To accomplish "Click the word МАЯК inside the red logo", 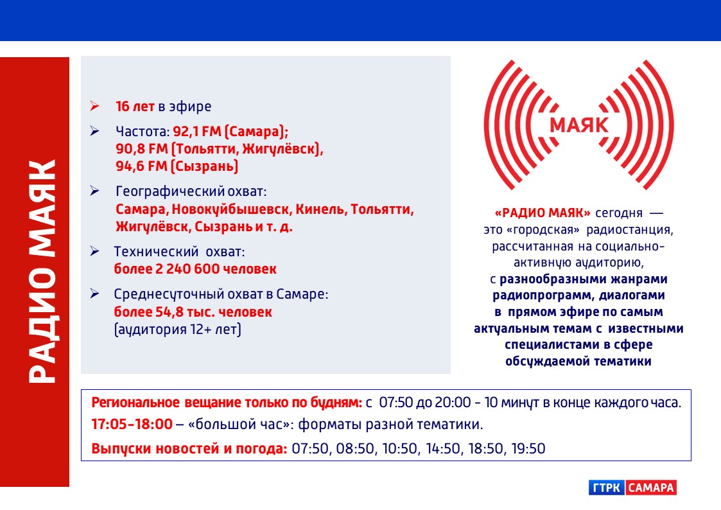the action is click(579, 125).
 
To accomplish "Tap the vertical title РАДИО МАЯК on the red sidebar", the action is click(42, 271).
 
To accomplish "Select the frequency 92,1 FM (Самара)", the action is click(230, 132).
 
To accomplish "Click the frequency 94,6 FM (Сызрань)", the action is click(177, 166).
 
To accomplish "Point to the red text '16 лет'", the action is click(135, 106).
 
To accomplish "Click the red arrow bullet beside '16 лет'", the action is click(95, 106).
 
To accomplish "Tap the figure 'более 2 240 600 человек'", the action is click(195, 268).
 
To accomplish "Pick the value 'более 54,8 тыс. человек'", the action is click(193, 312).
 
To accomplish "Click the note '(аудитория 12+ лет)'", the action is click(177, 330).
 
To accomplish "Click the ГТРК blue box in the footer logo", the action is click(607, 488).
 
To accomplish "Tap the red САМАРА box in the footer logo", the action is click(650, 488).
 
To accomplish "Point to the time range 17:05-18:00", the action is click(132, 424).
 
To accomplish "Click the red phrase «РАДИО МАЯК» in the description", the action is click(543, 213).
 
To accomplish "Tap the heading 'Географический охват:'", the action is click(191, 191).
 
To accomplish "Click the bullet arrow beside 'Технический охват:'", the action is click(95, 251).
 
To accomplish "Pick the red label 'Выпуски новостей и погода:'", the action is click(189, 448).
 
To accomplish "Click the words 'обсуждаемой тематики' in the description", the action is click(578, 362).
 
